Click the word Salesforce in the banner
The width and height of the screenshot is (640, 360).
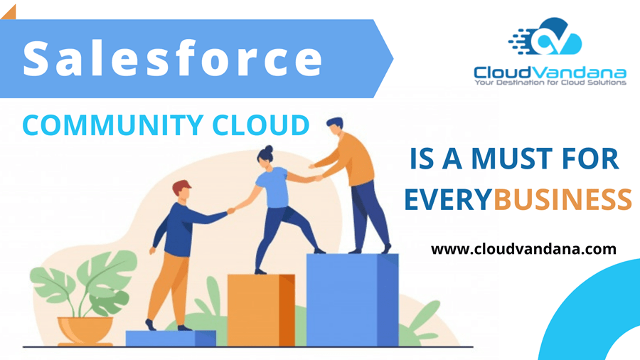173,58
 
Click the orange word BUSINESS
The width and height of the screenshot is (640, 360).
562,201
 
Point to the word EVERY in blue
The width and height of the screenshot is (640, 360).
448,201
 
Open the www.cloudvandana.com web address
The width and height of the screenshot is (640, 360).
523,249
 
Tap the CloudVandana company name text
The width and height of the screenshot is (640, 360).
550,72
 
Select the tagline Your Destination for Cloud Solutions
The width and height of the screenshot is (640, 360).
550,83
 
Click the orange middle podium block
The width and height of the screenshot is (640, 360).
260,309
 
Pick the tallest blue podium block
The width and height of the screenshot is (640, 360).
351,299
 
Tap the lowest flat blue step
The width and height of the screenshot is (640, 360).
171,338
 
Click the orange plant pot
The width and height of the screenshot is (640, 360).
85,330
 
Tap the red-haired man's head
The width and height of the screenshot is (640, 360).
182,190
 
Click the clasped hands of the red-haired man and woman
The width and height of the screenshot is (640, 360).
230,210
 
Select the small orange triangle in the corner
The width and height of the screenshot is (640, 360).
8,9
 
